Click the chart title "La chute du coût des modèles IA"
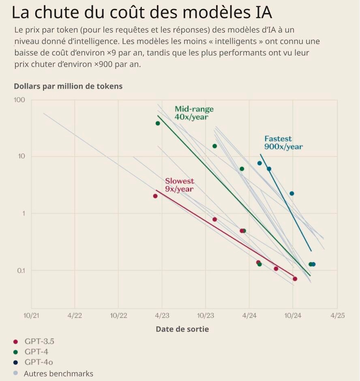point(141,13)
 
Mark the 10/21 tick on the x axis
point(31,315)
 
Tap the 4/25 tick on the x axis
point(337,315)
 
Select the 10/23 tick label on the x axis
point(206,315)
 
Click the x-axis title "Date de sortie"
point(182,329)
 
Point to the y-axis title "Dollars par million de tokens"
point(68,86)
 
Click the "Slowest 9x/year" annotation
point(179,185)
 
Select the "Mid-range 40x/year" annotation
point(194,113)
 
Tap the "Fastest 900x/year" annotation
point(283,143)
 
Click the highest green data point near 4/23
point(158,123)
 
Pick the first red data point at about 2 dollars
point(155,196)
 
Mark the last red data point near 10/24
point(295,279)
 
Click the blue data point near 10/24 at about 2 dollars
point(291,194)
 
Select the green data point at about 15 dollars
point(214,146)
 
